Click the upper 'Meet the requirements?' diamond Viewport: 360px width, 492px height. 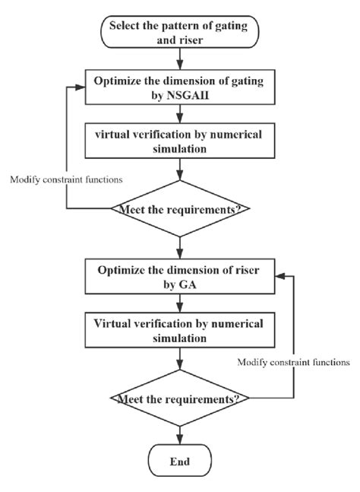click(x=180, y=208)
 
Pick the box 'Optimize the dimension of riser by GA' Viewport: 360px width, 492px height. click(x=180, y=276)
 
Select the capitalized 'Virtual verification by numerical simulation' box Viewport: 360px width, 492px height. click(x=180, y=330)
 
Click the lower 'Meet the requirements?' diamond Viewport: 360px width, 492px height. click(x=180, y=397)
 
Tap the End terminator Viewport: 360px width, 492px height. click(x=180, y=460)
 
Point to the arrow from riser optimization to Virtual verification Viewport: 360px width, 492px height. click(x=180, y=303)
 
